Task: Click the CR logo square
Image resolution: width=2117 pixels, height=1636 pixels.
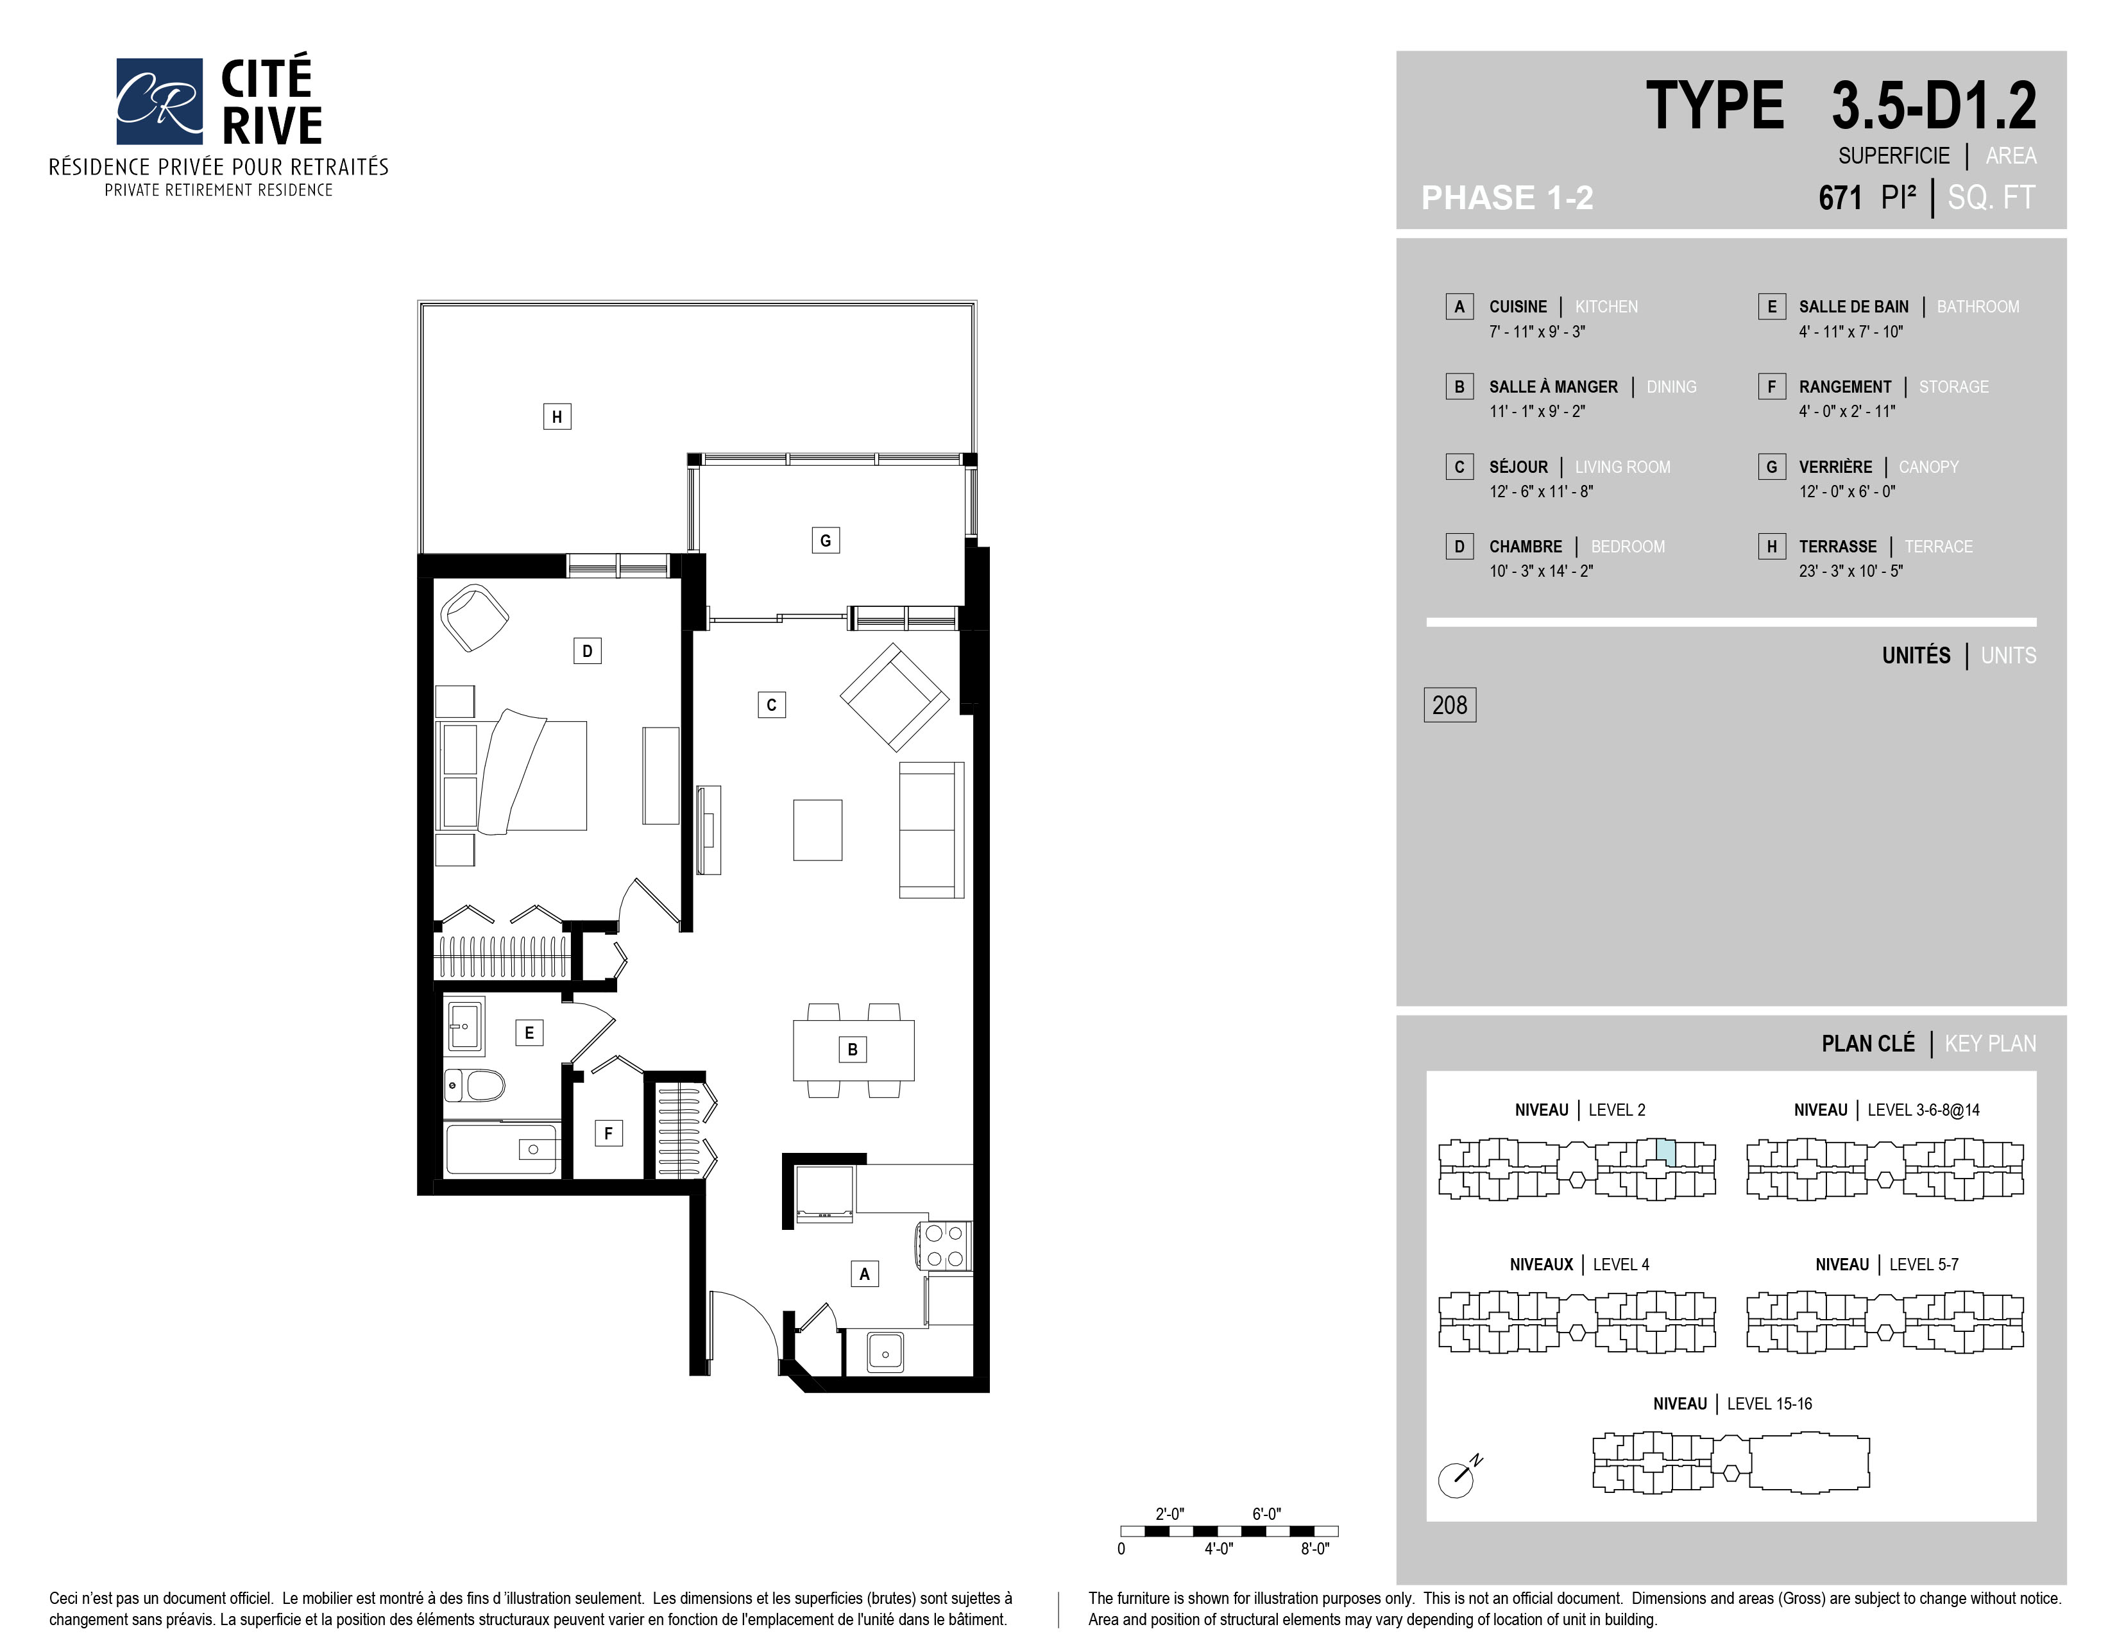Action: (159, 101)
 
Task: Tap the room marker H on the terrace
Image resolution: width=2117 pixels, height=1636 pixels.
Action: (556, 417)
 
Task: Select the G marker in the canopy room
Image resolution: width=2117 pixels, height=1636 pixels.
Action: (825, 540)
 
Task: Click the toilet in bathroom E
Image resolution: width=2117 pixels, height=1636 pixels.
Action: (474, 1086)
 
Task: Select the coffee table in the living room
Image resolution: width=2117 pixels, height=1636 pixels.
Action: (817, 830)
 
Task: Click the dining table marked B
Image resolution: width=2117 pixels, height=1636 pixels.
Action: (853, 1050)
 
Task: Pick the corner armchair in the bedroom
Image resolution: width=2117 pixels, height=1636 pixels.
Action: (474, 617)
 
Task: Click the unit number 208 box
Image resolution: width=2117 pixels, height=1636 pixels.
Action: (1449, 704)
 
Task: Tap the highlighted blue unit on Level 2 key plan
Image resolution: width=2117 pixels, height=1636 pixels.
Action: (1664, 1152)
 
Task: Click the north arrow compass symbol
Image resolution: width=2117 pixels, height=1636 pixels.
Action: (1459, 1476)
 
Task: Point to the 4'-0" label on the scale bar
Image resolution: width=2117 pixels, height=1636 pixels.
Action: (1218, 1549)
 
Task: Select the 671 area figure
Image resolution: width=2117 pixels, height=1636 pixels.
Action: (1840, 198)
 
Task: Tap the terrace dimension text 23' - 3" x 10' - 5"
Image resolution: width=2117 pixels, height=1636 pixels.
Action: (1850, 571)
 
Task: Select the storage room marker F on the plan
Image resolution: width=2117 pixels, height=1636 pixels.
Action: (608, 1133)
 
